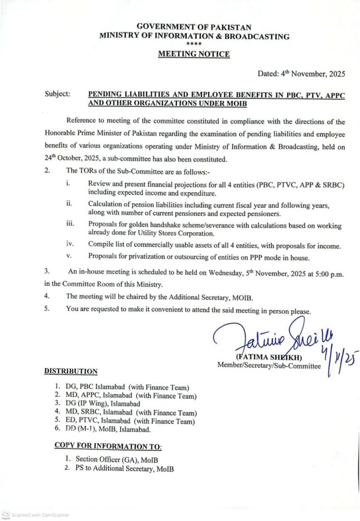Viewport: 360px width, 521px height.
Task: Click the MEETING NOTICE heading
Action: (194, 54)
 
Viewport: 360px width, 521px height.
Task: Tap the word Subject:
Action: (57, 94)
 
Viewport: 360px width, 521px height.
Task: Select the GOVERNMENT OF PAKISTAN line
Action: (194, 27)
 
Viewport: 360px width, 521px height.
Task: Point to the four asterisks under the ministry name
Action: (194, 45)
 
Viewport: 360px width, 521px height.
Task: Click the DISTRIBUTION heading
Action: (70, 371)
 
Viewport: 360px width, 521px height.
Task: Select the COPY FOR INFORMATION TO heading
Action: (108, 446)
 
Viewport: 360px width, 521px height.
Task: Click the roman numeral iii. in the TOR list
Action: (70, 222)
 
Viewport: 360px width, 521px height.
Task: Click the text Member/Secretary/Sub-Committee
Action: (269, 365)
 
